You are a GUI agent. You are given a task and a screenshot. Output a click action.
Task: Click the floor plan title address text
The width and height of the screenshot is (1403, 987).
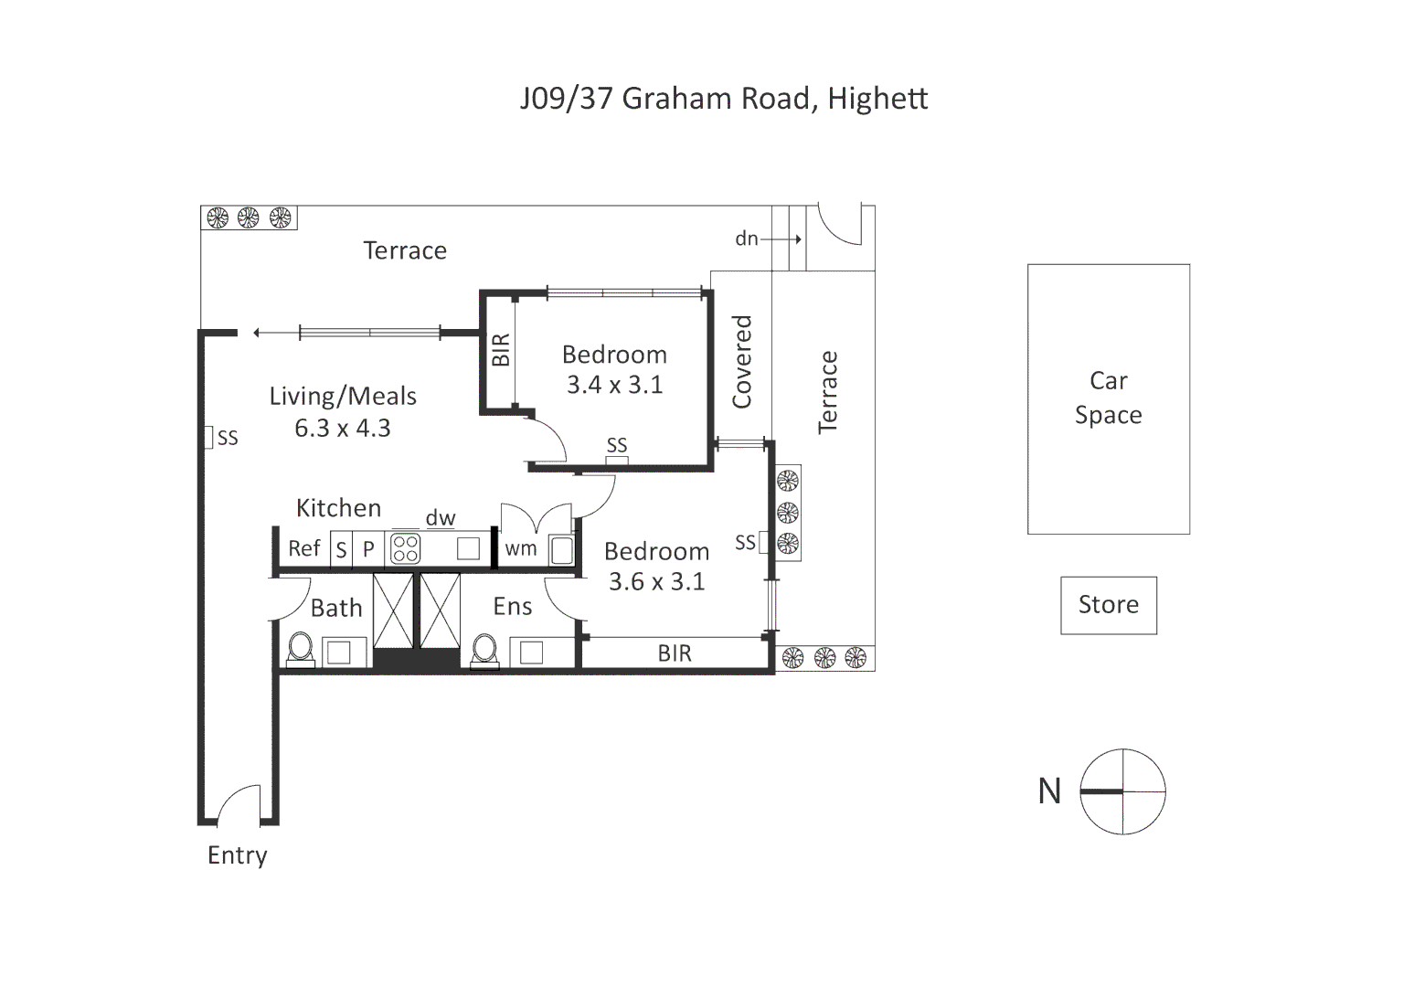pos(724,98)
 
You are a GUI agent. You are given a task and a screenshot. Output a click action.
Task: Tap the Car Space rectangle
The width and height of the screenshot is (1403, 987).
pos(1108,398)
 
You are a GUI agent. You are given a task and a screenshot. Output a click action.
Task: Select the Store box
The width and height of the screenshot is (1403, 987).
pos(1108,605)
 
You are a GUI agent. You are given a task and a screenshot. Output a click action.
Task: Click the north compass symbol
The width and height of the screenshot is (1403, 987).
pos(1122,791)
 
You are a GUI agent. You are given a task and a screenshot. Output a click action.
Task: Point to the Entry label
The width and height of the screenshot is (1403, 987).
pos(238,855)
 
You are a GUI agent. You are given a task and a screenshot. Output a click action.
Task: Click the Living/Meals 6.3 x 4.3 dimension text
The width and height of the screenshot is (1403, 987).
pos(343,428)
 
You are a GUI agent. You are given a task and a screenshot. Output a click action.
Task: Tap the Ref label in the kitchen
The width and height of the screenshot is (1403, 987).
pos(304,548)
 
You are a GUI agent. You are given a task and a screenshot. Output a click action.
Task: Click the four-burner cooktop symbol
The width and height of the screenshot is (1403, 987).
pos(405,548)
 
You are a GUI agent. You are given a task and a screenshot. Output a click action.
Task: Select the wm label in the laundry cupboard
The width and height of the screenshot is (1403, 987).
pos(521,548)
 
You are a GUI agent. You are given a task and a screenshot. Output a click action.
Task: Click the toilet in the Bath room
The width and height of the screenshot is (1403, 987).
pos(300,650)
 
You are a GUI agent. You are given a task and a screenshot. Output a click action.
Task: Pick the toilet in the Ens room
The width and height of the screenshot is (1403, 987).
pos(484,650)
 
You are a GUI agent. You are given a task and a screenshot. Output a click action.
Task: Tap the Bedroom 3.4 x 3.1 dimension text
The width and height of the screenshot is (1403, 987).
pos(615,385)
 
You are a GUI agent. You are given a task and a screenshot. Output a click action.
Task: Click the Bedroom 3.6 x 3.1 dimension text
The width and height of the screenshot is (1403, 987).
pos(657,581)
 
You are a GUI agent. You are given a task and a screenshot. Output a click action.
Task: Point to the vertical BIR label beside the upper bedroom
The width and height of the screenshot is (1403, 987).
pos(501,350)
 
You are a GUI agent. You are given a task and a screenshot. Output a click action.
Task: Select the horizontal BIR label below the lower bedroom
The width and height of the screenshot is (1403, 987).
pos(675,653)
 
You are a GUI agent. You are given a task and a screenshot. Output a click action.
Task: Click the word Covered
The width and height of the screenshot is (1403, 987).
pos(741,362)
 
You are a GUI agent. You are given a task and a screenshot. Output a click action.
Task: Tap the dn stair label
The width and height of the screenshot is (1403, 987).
pos(747,239)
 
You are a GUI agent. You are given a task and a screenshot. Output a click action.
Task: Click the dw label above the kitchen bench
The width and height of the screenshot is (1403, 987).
pos(441,518)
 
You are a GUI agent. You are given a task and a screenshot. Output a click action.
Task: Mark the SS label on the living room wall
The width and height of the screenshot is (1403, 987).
pos(228,439)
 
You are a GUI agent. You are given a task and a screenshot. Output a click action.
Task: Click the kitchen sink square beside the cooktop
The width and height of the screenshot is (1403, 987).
pos(468,548)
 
